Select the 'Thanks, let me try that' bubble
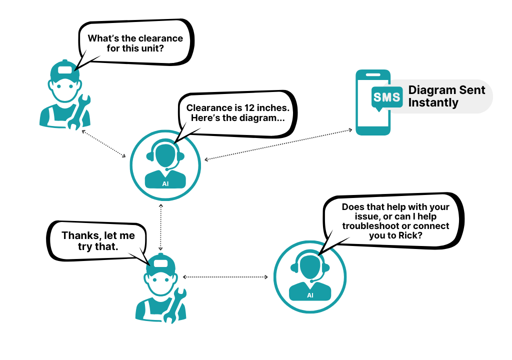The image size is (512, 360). (98, 240)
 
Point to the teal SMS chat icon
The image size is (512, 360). (386, 96)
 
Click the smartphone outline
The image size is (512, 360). (372, 102)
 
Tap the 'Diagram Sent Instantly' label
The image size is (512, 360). (446, 96)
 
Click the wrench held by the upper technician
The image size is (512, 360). (79, 110)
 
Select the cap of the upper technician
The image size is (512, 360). (65, 70)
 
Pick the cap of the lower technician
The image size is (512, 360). (161, 264)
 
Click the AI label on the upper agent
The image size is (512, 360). (165, 183)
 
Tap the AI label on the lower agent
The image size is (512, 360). (310, 295)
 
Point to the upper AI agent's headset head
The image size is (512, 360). (165, 154)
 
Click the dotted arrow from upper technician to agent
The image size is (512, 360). (104, 143)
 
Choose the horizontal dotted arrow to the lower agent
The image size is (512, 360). (225, 276)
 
